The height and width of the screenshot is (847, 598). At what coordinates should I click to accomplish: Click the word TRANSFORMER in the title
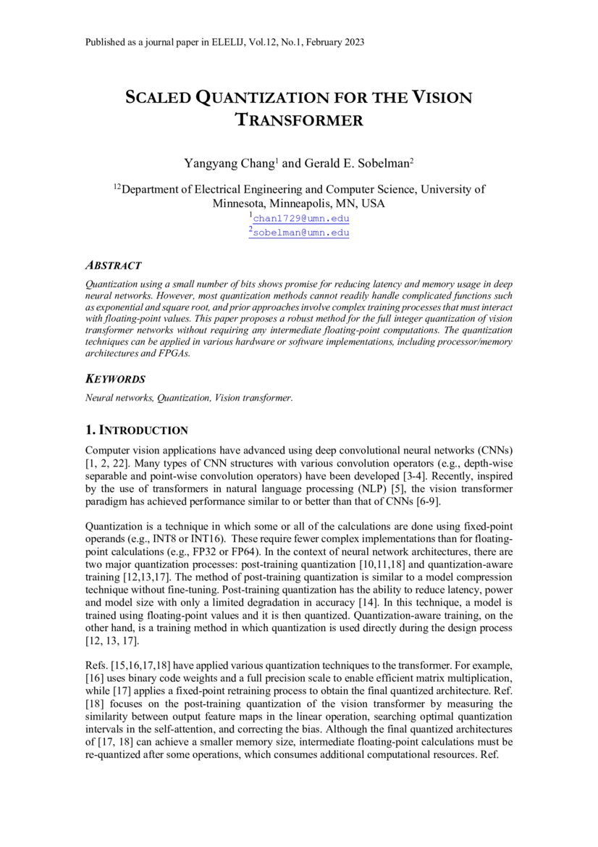(300, 120)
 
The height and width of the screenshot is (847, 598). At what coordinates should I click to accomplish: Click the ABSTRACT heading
(113, 266)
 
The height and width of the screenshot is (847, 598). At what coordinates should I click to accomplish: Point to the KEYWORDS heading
(115, 379)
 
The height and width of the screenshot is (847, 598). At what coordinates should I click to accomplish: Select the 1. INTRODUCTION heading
(137, 430)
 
